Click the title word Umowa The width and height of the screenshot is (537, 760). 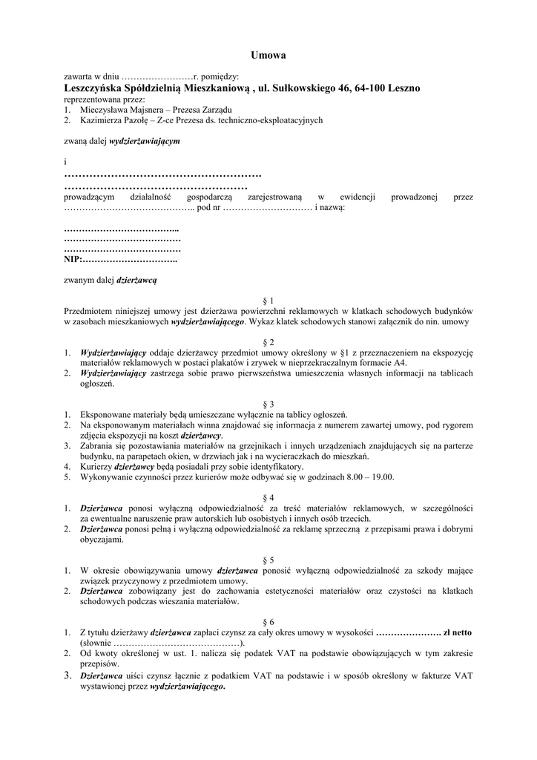pyautogui.click(x=268, y=55)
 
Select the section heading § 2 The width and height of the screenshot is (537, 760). pyautogui.click(x=268, y=341)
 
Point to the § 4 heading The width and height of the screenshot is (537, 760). pyautogui.click(x=268, y=497)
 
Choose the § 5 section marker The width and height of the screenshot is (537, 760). pyautogui.click(x=268, y=559)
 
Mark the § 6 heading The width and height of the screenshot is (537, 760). pyautogui.click(x=268, y=621)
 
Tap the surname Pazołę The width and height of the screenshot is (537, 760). pyautogui.click(x=138, y=119)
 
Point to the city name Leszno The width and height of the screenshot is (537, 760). pyautogui.click(x=404, y=88)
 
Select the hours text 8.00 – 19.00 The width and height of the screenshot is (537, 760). pyautogui.click(x=367, y=476)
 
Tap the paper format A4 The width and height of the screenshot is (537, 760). pyautogui.click(x=400, y=362)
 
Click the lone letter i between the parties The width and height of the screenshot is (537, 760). pyautogui.click(x=65, y=161)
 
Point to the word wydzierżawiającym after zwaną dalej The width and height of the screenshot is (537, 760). pyautogui.click(x=145, y=140)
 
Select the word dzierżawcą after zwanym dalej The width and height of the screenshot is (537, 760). pyautogui.click(x=136, y=281)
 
